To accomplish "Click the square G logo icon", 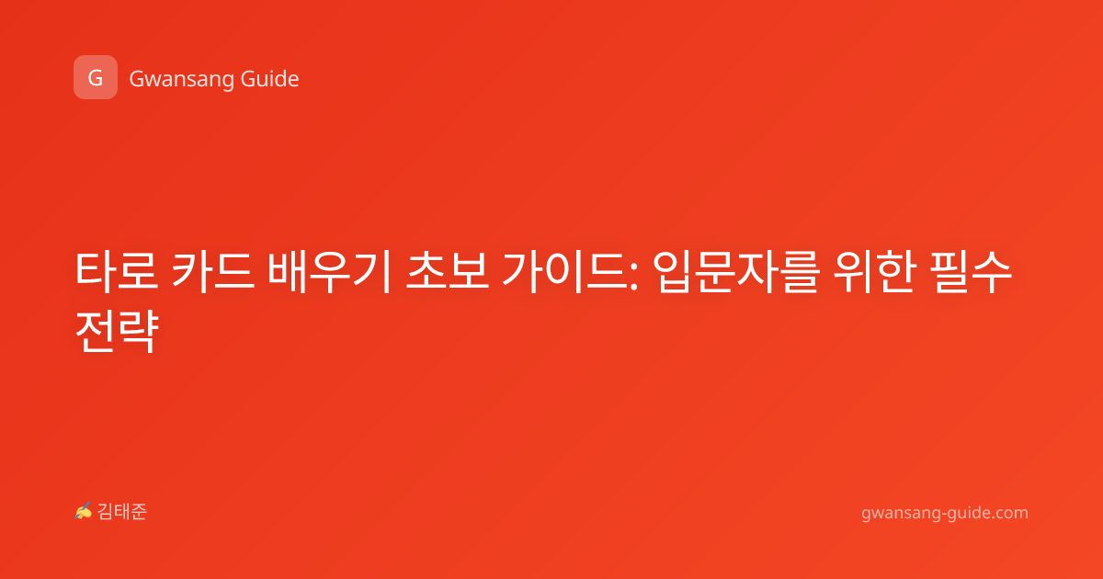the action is pos(96,77).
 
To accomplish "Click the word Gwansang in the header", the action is pos(181,79).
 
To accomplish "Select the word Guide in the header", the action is pos(270,78).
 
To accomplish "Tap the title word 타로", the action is pos(117,271).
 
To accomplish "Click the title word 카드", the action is pos(212,271).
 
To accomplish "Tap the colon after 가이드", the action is pos(633,275).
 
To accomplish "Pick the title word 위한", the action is pos(874,271).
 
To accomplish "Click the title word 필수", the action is pos(971,271).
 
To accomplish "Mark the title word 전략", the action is pos(117,331).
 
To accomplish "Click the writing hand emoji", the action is pos(84,511).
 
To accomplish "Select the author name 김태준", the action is pos(122,512).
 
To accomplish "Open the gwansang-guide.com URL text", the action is pos(945,513).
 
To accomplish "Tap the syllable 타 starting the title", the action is pos(96,271).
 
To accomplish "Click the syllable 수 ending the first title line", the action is pos(992,271).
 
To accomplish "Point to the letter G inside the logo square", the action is pos(96,78).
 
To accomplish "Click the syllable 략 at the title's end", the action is pos(139,331).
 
